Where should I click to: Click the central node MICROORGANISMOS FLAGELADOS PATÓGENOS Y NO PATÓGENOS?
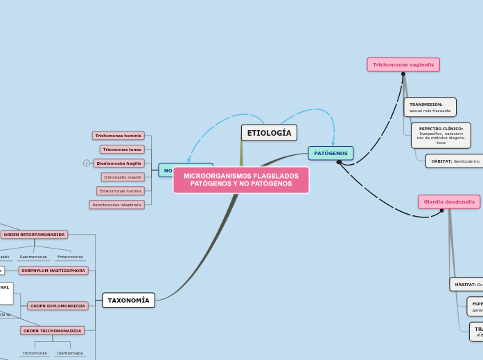pyautogui.click(x=241, y=180)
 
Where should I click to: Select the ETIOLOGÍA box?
pyautogui.click(x=269, y=133)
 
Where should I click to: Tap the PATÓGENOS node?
pyautogui.click(x=331, y=153)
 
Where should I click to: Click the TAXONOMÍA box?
pyautogui.click(x=128, y=300)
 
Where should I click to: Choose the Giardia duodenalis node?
pyautogui.click(x=449, y=201)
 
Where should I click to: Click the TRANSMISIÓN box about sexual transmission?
pyautogui.click(x=430, y=107)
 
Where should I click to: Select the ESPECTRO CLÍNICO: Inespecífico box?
pyautogui.click(x=441, y=136)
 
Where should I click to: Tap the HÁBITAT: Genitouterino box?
pyautogui.click(x=455, y=161)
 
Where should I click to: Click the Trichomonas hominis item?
pyautogui.click(x=118, y=136)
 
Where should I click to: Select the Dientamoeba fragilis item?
pyautogui.click(x=118, y=163)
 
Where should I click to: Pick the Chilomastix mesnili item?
pyautogui.click(x=123, y=177)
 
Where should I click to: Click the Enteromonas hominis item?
pyautogui.click(x=121, y=191)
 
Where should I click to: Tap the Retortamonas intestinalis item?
pyautogui.click(x=117, y=205)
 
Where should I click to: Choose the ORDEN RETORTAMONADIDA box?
pyautogui.click(x=34, y=235)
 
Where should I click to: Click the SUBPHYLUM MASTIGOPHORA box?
pyautogui.click(x=53, y=271)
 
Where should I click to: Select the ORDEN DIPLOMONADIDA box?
pyautogui.click(x=58, y=306)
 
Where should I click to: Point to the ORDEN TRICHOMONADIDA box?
pyautogui.click(x=52, y=331)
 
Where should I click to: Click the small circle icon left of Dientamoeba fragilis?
pyautogui.click(x=87, y=163)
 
